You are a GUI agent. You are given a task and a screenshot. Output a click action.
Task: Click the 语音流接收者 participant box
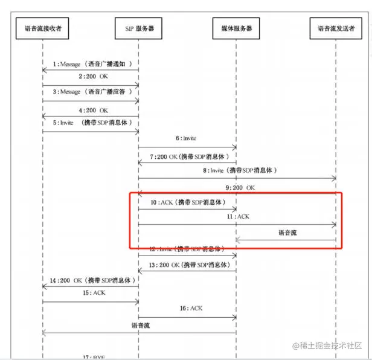tap(43, 28)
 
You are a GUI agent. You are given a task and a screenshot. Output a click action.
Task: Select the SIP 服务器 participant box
tap(138, 28)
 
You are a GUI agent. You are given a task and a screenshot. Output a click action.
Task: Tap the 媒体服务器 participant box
tap(236, 28)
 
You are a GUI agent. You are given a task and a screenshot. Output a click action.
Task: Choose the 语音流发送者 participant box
tap(336, 28)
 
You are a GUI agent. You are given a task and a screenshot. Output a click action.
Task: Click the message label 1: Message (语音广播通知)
tap(92, 63)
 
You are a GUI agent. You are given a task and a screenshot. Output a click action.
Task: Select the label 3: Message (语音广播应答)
tap(92, 92)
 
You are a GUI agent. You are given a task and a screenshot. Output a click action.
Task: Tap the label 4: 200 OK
tap(93, 110)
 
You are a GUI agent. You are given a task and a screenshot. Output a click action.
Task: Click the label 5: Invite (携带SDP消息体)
tap(92, 123)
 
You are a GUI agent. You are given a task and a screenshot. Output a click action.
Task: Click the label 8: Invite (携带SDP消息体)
tap(240, 170)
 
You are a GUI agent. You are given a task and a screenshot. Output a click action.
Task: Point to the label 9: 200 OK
tap(240, 187)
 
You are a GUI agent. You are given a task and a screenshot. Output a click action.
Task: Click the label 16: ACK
tap(191, 308)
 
